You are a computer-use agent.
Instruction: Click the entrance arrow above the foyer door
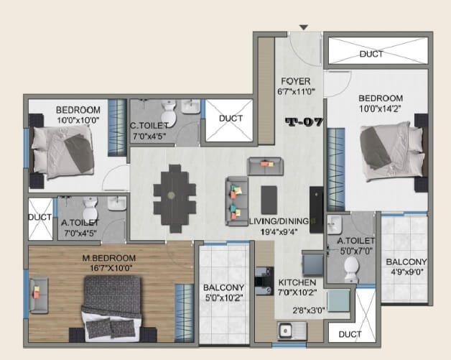tap(304, 27)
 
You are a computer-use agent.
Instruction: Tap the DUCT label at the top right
tap(371, 54)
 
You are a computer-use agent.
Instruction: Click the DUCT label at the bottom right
tap(350, 334)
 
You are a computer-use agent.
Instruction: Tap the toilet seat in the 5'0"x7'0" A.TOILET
tap(350, 269)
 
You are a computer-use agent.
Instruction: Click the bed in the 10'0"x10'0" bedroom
tap(62, 150)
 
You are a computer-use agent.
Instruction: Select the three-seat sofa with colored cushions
tap(234, 200)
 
